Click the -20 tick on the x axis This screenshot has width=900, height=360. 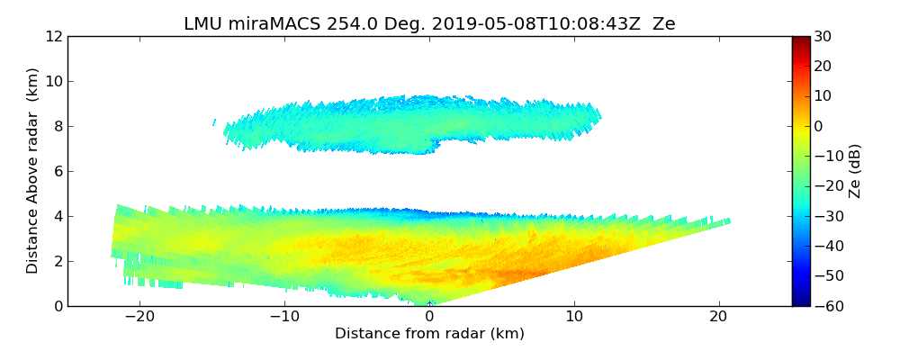pos(139,318)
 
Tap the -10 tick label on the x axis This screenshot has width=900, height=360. pos(284,318)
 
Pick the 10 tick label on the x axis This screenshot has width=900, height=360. pos(574,318)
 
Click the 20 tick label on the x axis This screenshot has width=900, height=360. pos(718,318)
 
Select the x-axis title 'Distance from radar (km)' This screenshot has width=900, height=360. pos(429,334)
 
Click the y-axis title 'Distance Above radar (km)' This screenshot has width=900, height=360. pos(33,171)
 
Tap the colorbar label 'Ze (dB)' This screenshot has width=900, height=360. pos(855,171)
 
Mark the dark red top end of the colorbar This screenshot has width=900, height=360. pos(801,40)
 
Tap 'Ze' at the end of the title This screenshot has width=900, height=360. pos(664,24)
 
